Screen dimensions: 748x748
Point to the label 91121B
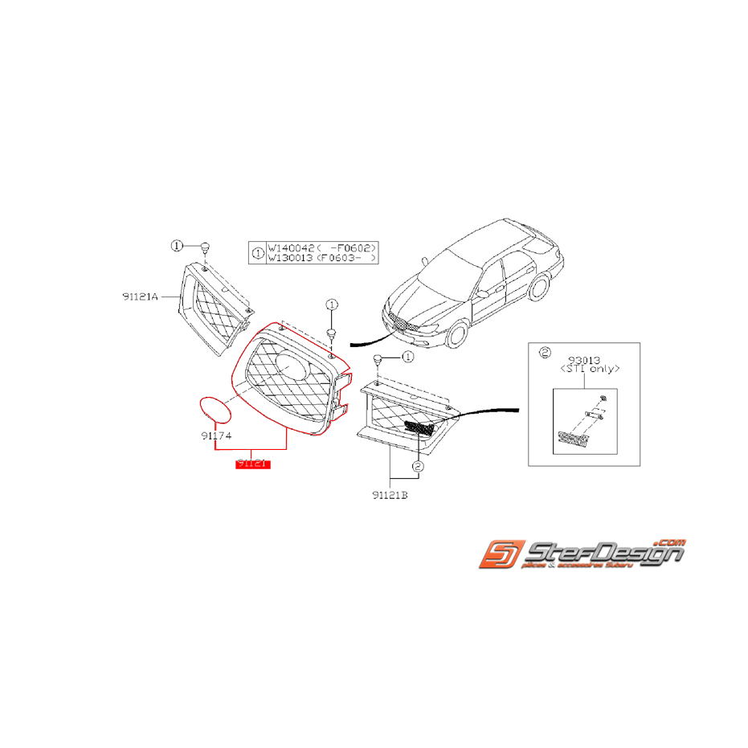[390, 496]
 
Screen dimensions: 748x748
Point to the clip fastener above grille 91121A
[205, 247]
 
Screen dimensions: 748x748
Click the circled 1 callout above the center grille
[330, 305]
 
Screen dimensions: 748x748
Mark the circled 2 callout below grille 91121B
[417, 466]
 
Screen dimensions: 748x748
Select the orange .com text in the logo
[669, 541]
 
